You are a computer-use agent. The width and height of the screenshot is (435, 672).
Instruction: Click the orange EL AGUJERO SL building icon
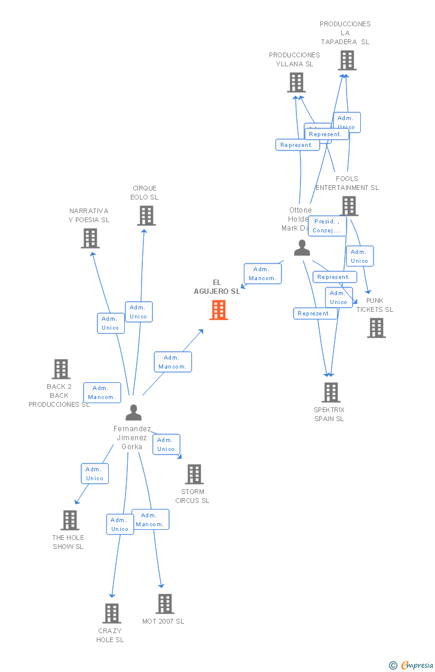coord(219,310)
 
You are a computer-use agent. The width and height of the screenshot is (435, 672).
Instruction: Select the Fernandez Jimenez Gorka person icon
coord(133,413)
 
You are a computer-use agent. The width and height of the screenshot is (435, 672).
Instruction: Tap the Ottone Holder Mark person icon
coord(302,248)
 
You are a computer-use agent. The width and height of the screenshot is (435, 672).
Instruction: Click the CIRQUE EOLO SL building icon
coord(146,216)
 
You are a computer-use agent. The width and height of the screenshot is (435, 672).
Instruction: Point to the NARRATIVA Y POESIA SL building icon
coord(90,238)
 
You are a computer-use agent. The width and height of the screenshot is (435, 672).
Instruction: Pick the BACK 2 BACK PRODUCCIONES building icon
coord(61,369)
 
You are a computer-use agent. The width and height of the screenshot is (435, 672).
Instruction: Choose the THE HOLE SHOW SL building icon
coord(70,520)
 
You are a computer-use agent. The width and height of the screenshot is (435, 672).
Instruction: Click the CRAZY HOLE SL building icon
coord(112,613)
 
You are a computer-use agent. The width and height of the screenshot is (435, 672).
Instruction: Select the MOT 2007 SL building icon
coord(165,604)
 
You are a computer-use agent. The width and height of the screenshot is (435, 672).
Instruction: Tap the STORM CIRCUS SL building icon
coord(194,474)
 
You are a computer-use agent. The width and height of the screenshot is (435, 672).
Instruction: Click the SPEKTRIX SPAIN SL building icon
coord(331,392)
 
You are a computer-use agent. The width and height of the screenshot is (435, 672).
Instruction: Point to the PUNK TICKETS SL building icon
coord(376,328)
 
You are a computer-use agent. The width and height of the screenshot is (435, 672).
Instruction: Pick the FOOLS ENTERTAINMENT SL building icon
coord(349,206)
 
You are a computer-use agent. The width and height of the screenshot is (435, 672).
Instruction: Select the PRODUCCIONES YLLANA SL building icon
coord(296,82)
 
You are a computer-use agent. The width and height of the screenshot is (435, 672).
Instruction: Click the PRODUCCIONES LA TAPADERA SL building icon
coord(347,60)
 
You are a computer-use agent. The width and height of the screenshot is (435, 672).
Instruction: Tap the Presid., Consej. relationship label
coord(327,226)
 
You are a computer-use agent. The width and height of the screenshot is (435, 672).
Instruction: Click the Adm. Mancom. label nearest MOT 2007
coord(150,520)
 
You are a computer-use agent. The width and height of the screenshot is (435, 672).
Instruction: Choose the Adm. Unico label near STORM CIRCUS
coord(166,444)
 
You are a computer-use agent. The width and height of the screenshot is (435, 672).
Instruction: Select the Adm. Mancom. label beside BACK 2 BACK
coord(102,392)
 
